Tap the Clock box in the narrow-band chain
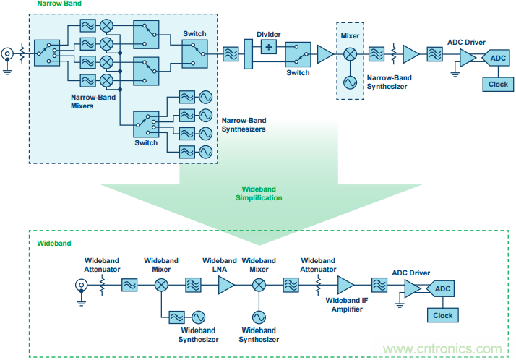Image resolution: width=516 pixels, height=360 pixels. point(498,83)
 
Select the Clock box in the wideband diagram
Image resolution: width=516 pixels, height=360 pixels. point(442,315)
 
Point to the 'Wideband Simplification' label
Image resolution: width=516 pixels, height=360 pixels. point(258,193)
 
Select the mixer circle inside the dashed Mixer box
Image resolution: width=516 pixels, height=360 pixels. point(351,53)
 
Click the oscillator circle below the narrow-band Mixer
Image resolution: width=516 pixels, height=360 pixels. point(351,82)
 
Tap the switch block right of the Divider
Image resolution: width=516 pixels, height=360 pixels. point(298,53)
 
